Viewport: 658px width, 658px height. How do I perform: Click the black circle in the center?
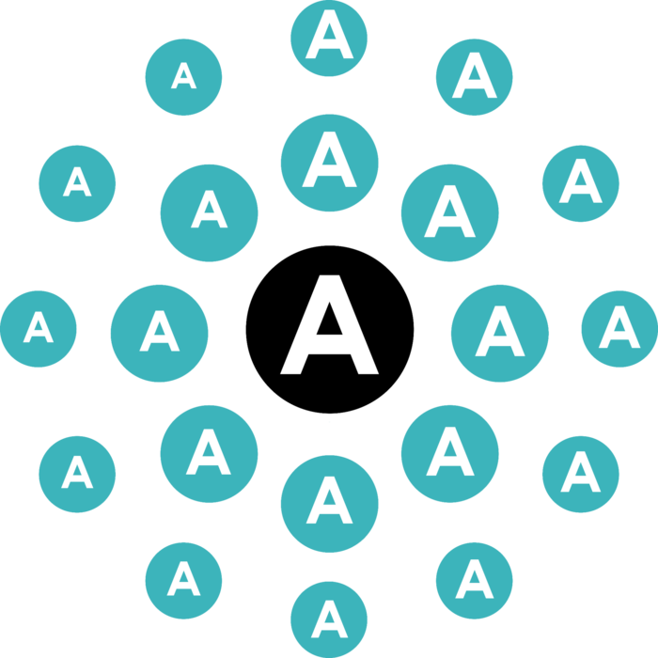point(329,329)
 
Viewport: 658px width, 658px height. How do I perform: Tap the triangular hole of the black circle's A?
point(329,322)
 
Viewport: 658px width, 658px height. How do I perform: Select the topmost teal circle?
point(329,39)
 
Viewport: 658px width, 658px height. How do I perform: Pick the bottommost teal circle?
point(329,619)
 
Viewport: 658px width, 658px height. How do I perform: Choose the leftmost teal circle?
point(39,329)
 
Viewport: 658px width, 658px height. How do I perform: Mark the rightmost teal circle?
point(619,329)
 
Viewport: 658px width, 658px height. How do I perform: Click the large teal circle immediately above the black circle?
point(329,163)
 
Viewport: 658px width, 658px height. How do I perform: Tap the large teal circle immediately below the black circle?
point(329,504)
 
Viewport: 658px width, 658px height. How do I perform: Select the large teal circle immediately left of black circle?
point(159,334)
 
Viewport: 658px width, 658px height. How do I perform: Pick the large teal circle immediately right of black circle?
point(500,334)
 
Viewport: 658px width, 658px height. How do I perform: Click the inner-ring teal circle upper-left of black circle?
point(209,213)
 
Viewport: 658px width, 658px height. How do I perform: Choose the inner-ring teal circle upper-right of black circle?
point(450,213)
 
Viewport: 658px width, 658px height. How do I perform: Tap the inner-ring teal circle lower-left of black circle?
point(209,454)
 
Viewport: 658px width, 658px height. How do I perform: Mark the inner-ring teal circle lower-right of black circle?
point(450,454)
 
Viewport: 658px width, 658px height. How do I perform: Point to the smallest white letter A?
point(184,75)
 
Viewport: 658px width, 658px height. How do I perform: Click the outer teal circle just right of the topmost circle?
point(474,77)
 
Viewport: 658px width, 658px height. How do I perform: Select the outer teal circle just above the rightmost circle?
point(581,184)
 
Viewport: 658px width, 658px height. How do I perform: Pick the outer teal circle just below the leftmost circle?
point(77,474)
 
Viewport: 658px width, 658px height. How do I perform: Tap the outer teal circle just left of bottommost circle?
point(184,581)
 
